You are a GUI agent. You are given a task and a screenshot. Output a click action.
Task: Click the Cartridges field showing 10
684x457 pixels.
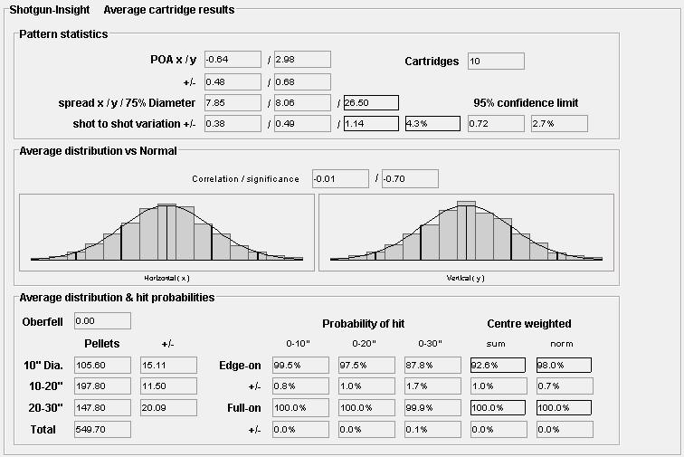pos(496,62)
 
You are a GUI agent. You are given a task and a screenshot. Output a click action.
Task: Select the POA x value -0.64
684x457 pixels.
pos(233,61)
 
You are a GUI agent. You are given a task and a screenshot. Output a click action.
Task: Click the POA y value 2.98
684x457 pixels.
pos(301,61)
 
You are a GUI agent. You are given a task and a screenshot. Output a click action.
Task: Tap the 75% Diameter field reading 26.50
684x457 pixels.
pos(371,102)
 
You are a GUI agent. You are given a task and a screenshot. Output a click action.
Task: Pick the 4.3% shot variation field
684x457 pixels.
pos(432,123)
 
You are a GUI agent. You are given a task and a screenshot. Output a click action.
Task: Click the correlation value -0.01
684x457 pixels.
pos(340,179)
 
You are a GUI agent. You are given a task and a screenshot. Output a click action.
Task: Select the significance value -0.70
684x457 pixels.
pos(410,179)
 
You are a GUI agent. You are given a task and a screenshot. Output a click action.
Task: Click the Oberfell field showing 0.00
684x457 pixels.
pos(102,320)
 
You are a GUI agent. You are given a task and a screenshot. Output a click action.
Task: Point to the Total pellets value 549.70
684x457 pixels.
pos(102,429)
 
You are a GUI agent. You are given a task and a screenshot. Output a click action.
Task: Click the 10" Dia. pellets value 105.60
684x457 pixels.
pos(102,365)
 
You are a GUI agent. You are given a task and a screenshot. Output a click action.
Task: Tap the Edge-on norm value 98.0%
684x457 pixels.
pos(564,365)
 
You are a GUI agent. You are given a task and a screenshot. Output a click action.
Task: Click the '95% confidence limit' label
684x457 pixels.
pos(526,103)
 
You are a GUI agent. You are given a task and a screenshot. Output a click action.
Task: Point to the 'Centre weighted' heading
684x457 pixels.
pos(529,324)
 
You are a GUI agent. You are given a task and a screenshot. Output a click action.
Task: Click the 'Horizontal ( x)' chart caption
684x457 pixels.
pos(166,277)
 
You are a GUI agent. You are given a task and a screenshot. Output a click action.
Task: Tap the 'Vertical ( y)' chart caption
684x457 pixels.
pos(465,277)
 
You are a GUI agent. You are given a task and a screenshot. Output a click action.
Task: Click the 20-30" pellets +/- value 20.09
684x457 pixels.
pos(168,408)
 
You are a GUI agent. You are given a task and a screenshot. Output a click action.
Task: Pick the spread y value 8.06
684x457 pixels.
pos(301,102)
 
